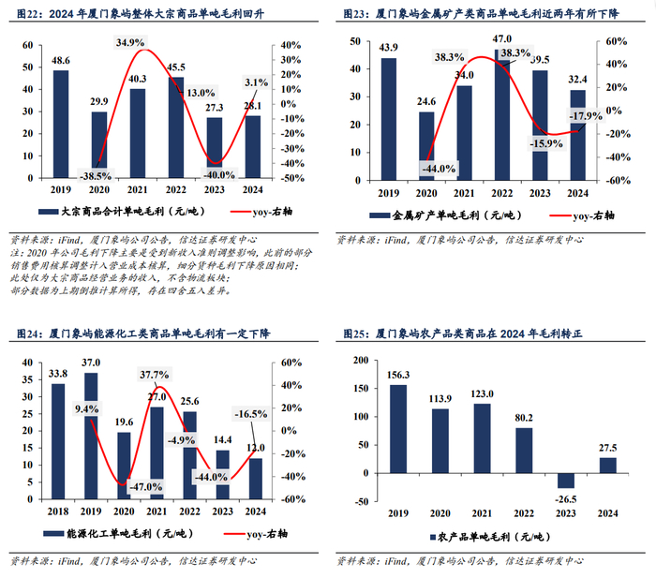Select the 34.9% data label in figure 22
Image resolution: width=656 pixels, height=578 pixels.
pyautogui.click(x=130, y=43)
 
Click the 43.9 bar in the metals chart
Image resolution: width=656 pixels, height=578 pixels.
pyautogui.click(x=388, y=118)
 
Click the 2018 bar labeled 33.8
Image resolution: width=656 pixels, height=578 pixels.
pyautogui.click(x=59, y=440)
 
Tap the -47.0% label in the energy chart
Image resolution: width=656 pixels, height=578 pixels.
pyautogui.click(x=144, y=486)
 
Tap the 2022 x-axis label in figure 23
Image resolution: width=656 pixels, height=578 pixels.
pyautogui.click(x=502, y=193)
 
